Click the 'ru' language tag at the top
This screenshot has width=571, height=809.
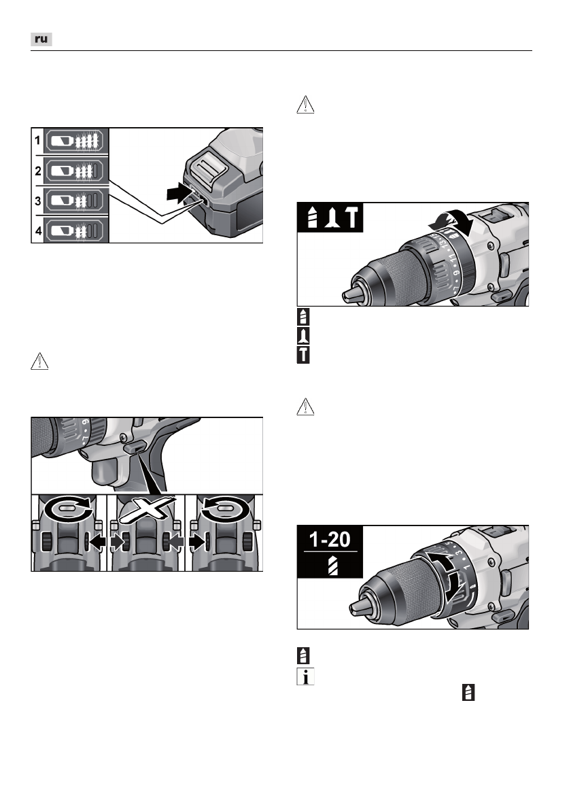coord(41,39)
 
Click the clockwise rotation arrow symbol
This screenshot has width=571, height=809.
coord(67,510)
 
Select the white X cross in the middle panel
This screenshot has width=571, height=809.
coord(145,509)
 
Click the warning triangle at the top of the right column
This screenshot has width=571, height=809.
coord(305,105)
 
